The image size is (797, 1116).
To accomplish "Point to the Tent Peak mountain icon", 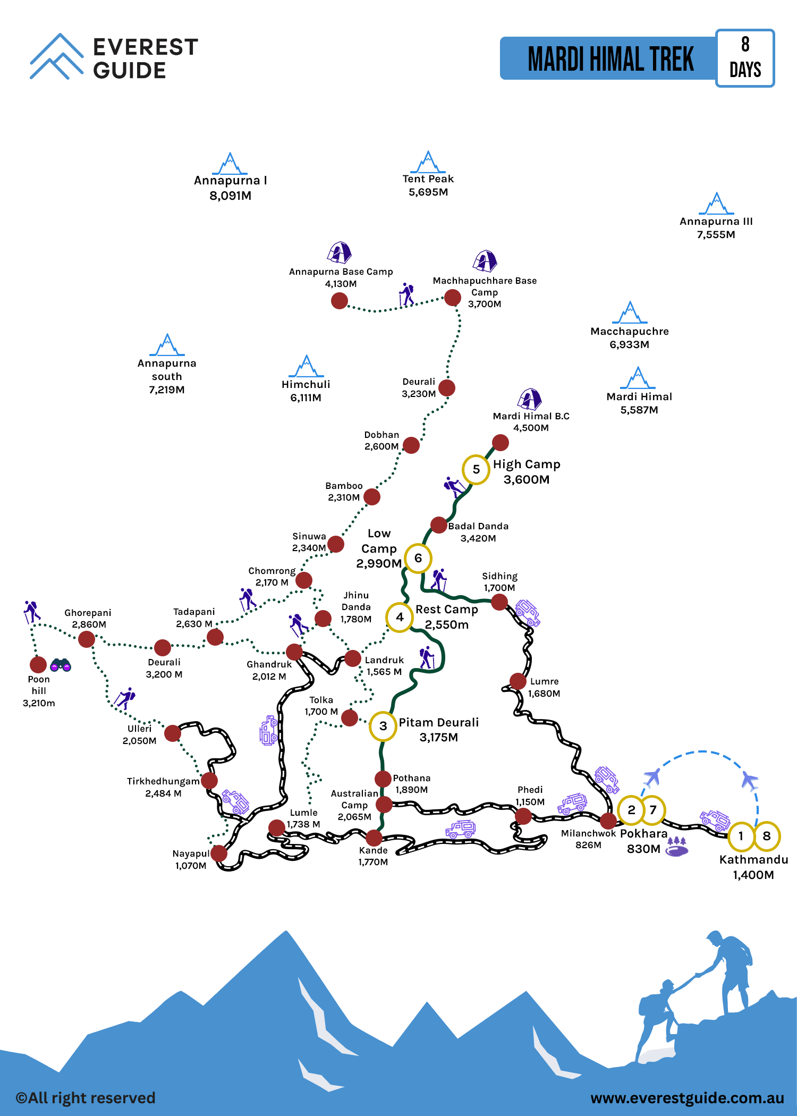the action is click(x=428, y=162).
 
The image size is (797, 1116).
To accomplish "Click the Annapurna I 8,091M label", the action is click(x=230, y=188).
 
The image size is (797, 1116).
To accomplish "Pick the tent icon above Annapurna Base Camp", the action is click(x=340, y=252).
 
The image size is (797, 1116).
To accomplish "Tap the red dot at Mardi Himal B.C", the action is click(x=500, y=442).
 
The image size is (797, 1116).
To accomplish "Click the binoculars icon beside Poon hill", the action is click(x=61, y=665).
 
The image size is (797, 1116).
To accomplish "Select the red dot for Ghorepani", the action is click(x=87, y=639).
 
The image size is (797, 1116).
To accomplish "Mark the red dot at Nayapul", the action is click(x=219, y=853).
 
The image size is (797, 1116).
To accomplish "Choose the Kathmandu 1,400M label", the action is click(x=753, y=867).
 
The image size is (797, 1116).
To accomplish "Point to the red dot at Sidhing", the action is click(x=499, y=602).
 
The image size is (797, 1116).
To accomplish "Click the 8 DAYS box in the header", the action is click(x=745, y=58).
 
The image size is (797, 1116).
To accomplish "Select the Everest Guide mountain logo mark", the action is click(x=56, y=56).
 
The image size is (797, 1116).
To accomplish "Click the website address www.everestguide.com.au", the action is click(x=687, y=1098).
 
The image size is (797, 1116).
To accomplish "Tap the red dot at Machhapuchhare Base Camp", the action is click(x=453, y=298).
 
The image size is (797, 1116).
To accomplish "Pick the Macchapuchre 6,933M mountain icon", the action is click(x=630, y=312).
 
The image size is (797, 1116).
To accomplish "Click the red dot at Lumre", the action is click(x=518, y=681).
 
